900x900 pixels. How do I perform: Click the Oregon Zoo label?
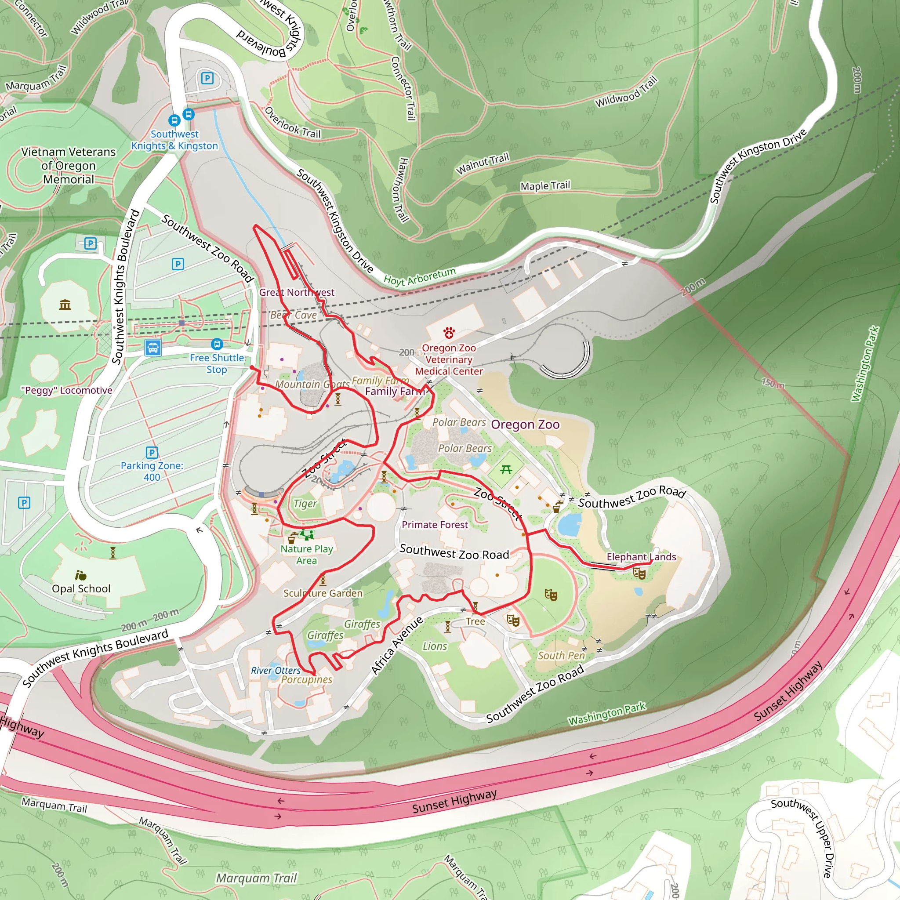(x=525, y=425)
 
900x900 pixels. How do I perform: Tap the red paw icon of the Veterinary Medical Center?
(x=449, y=333)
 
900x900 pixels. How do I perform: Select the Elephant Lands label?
(x=641, y=557)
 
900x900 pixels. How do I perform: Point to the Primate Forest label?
(x=435, y=525)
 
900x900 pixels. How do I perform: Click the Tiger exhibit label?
(x=305, y=504)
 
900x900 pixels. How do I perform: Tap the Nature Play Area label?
(x=307, y=554)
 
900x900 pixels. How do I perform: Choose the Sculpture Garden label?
(x=323, y=593)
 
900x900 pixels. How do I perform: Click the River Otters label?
(x=276, y=670)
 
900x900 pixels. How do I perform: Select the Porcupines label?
(x=307, y=680)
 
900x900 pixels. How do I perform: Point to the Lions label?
(x=435, y=646)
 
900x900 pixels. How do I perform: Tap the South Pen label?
(x=561, y=655)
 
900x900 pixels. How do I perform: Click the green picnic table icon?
(x=506, y=470)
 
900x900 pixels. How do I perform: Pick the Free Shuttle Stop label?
(x=217, y=363)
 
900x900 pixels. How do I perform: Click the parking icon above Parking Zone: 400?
(x=152, y=452)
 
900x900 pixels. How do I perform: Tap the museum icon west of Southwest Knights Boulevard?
(x=65, y=305)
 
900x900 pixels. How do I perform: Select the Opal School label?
(x=81, y=588)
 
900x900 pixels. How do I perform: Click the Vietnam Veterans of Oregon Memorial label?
(x=69, y=165)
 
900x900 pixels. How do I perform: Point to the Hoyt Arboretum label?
(x=419, y=277)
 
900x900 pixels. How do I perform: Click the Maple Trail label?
(x=545, y=186)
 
